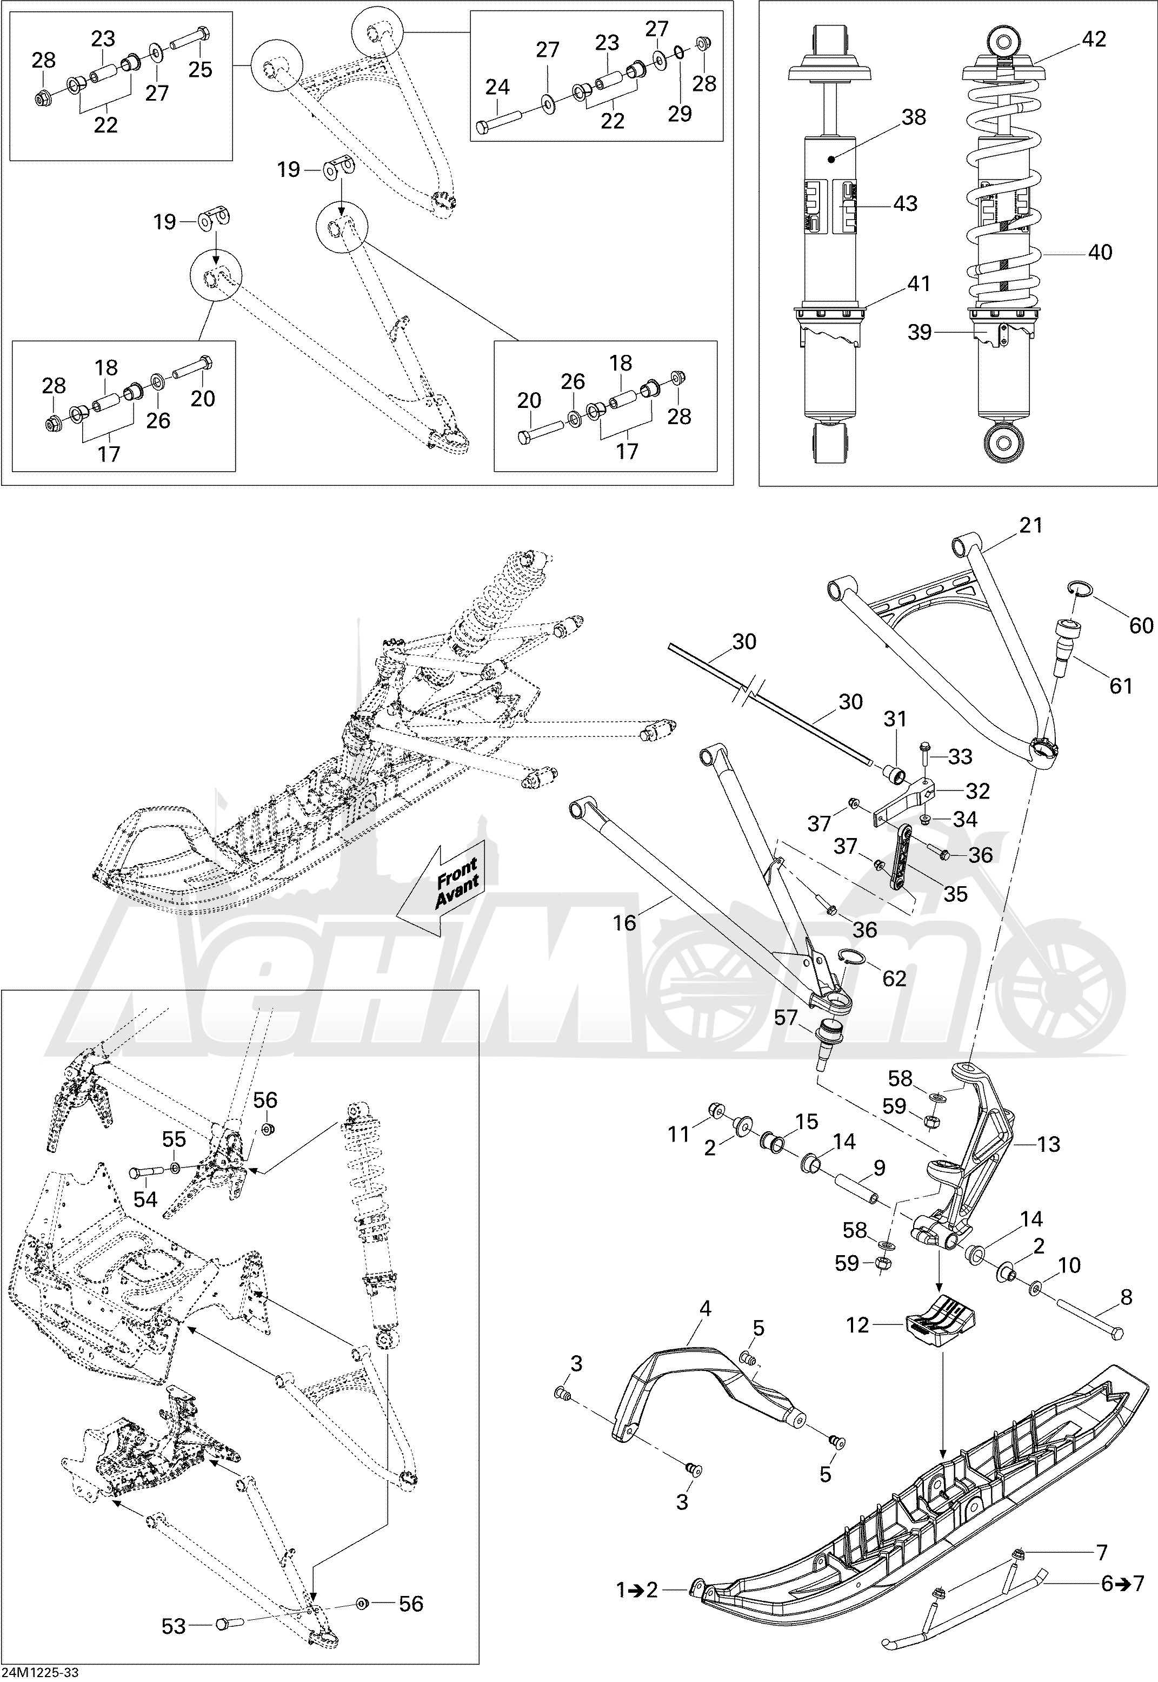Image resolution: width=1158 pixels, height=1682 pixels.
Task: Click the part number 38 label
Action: click(914, 117)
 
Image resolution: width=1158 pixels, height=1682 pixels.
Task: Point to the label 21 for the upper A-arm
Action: click(1030, 525)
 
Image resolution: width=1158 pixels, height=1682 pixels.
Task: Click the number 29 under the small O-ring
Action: click(680, 114)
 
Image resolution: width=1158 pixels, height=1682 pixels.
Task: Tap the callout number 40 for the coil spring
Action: click(1100, 252)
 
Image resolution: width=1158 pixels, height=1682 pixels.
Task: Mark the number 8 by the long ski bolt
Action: click(1126, 1297)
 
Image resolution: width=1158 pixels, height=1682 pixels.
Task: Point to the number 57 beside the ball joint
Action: click(786, 1019)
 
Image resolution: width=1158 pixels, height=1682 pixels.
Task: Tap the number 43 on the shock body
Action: click(905, 203)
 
